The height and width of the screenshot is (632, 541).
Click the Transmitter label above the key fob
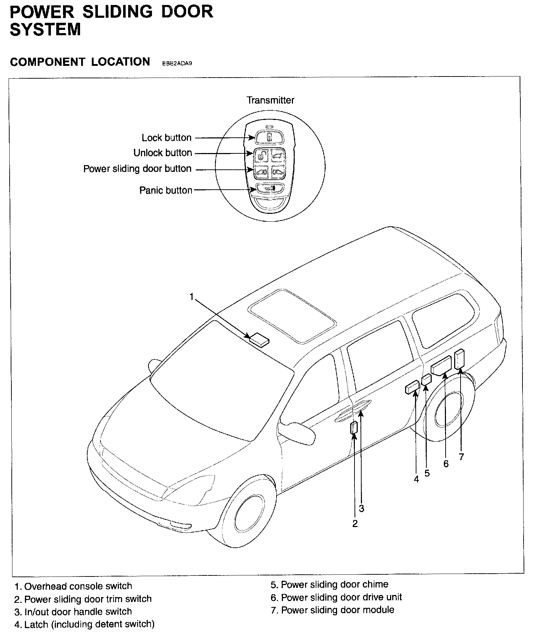point(270,100)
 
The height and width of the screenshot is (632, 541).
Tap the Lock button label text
point(167,138)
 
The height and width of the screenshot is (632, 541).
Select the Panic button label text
point(166,190)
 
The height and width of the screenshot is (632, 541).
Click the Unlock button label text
point(163,153)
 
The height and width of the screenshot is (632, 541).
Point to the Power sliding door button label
point(137,169)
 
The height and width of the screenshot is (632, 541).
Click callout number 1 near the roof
point(192,297)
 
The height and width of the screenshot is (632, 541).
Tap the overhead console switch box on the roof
point(259,339)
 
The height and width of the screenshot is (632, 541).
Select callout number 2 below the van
point(355,523)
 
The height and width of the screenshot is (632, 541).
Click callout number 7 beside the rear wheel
point(461,457)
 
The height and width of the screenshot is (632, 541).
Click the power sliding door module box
point(459,359)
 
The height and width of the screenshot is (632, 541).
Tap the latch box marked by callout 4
point(412,388)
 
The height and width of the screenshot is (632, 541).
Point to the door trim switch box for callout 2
point(354,427)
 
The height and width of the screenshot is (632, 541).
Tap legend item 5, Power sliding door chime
point(329,585)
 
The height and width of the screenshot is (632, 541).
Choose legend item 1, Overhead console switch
point(73,586)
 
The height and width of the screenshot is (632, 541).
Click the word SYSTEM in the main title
point(45,29)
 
